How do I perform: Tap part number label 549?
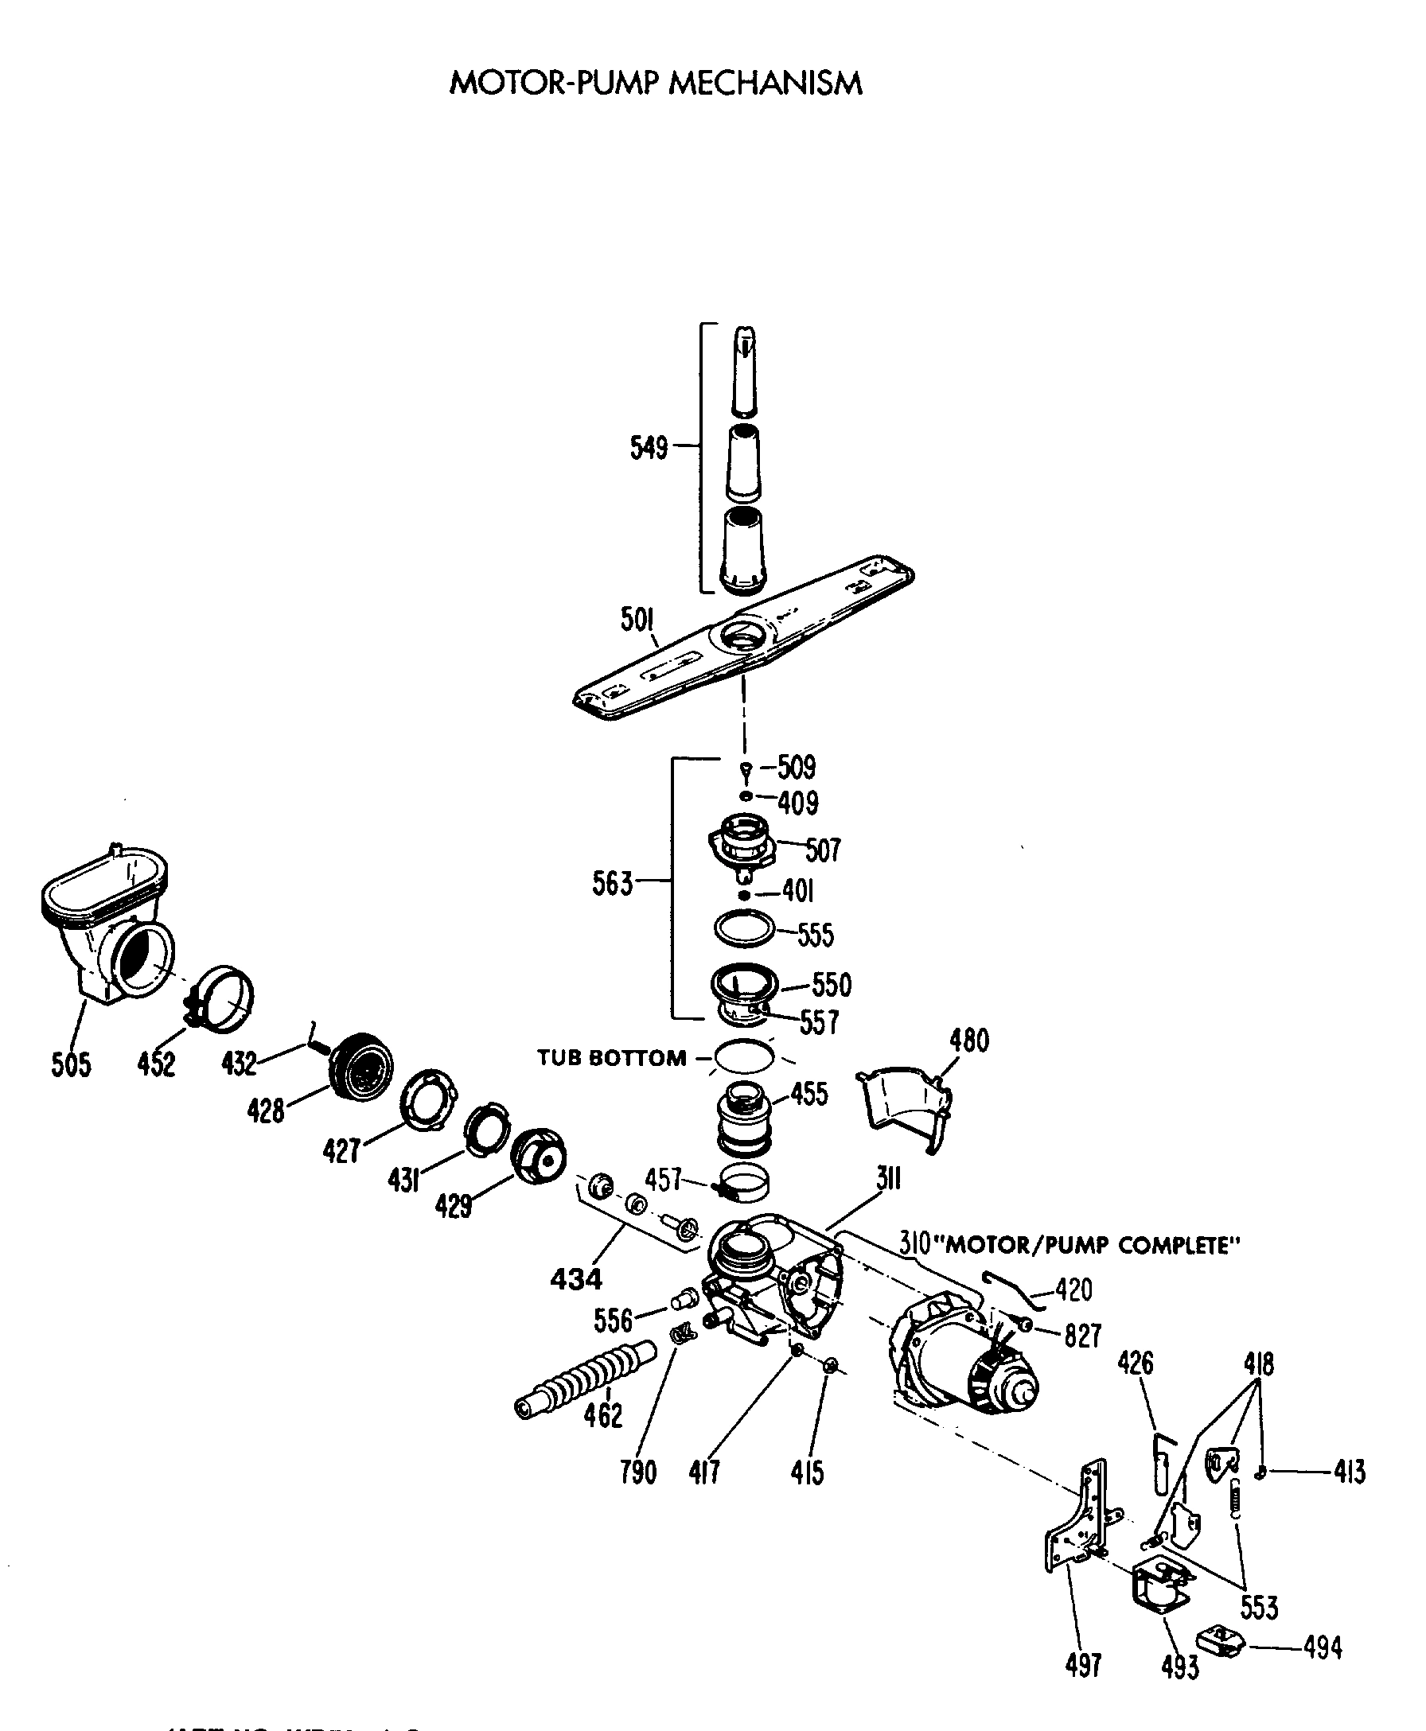[648, 448]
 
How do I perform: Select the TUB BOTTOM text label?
[612, 1058]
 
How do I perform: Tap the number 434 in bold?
[576, 1278]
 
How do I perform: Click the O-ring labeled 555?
[744, 928]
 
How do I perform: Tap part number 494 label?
[1322, 1647]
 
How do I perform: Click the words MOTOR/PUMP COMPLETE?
[1092, 1246]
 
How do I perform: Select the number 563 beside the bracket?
[612, 884]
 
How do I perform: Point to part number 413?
[1350, 1472]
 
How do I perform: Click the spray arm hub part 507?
[742, 845]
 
